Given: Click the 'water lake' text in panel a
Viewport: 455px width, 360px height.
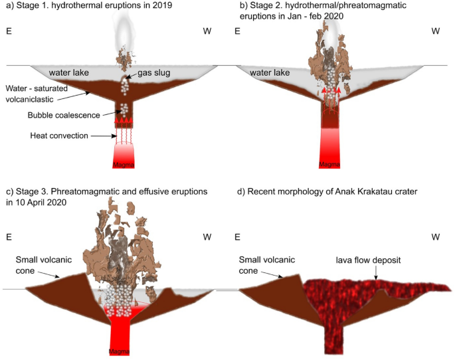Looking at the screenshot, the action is pos(64,72).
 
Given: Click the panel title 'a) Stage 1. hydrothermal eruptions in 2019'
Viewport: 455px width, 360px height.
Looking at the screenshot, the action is pos(89,7).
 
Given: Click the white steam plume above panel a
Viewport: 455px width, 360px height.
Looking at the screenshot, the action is pos(124,27).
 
